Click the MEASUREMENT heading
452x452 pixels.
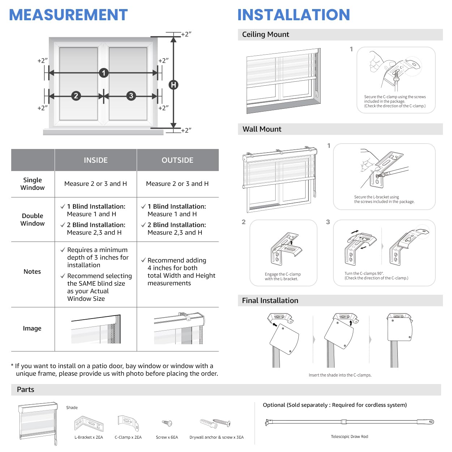[x=68, y=15]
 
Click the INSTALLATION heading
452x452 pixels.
[x=294, y=15]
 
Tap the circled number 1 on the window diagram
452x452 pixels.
[x=104, y=73]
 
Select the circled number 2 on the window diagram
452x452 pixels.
[x=76, y=96]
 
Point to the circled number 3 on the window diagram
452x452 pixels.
[x=131, y=96]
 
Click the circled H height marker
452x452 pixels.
[x=174, y=85]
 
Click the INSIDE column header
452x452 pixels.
[x=95, y=160]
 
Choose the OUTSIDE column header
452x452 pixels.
[x=178, y=160]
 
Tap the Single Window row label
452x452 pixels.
[x=33, y=184]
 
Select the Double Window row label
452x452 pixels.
[x=33, y=219]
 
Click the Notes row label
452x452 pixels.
[x=32, y=272]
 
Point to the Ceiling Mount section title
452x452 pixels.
[x=265, y=34]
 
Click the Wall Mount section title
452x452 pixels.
[x=262, y=129]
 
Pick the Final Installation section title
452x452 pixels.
[x=270, y=300]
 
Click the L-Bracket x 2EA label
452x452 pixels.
[x=89, y=437]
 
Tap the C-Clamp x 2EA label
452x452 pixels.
[x=128, y=437]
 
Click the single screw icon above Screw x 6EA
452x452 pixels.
[x=167, y=423]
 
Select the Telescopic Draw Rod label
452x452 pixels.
[x=349, y=436]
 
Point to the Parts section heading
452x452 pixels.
[x=25, y=389]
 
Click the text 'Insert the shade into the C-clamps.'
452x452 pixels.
[x=340, y=375]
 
